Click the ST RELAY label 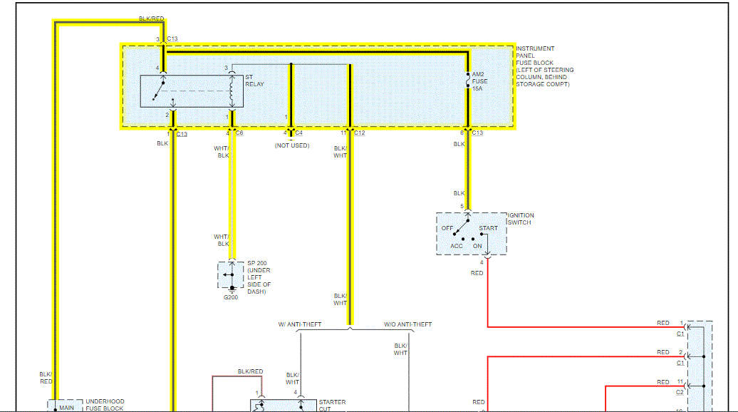tap(254, 81)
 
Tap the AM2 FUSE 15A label tap(479, 81)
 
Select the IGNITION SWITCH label tap(521, 219)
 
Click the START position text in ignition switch tap(488, 229)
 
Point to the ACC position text tap(456, 247)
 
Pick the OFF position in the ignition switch tap(447, 229)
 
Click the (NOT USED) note tap(292, 145)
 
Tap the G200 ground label tap(231, 297)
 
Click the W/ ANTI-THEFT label tap(300, 324)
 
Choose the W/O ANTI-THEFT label tap(407, 324)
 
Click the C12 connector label tap(359, 133)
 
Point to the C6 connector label tap(239, 133)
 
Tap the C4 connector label tap(298, 133)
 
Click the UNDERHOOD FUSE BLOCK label tap(104, 405)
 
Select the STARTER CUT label tap(332, 406)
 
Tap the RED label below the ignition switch tap(477, 273)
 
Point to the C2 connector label tap(680, 392)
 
